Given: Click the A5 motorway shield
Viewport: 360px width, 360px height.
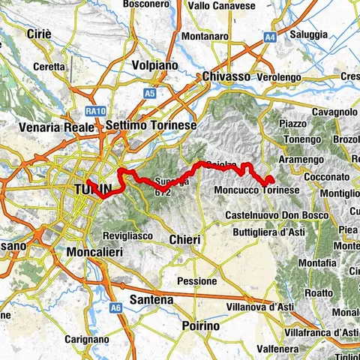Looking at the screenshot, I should click(x=150, y=94).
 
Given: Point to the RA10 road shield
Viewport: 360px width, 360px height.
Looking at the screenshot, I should click(x=94, y=111).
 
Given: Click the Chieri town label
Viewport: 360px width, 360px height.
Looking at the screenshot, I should click(x=184, y=239).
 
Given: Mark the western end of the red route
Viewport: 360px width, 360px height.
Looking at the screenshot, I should click(x=88, y=181).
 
